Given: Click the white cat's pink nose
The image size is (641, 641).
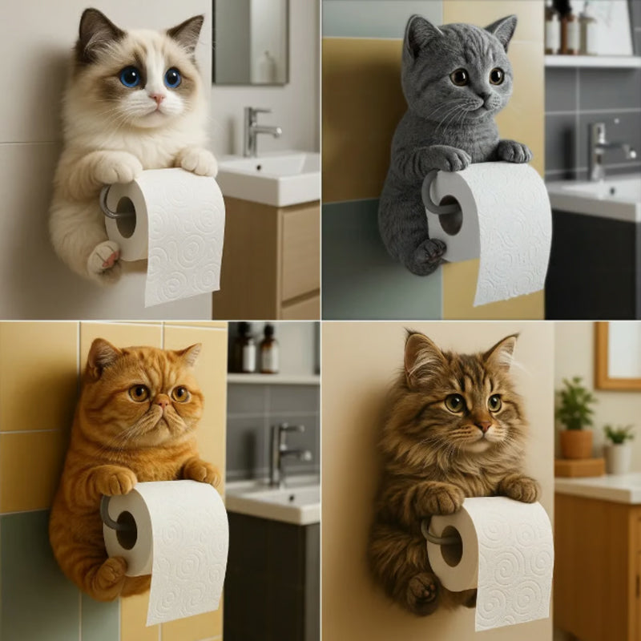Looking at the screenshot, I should (158, 99).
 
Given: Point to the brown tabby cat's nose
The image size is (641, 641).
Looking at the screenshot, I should (483, 425).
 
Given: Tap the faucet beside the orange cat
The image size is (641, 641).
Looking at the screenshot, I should (284, 453).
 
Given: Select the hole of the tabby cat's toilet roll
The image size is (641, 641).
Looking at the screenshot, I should (451, 546).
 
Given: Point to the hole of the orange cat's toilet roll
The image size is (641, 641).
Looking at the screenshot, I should (126, 530).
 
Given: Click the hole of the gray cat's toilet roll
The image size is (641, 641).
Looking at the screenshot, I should (450, 214).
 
